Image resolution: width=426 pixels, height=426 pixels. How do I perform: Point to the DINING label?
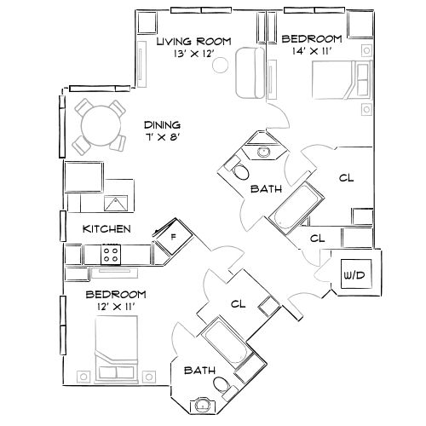click(x=161, y=124)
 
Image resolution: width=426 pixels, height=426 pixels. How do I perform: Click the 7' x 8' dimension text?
click(x=162, y=136)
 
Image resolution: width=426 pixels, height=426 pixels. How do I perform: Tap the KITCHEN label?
click(x=106, y=229)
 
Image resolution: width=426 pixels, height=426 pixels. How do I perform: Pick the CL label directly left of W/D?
click(x=318, y=239)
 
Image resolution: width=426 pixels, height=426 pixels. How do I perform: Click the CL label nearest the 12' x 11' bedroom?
click(x=239, y=304)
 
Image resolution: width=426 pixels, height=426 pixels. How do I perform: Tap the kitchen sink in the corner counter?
click(x=115, y=203)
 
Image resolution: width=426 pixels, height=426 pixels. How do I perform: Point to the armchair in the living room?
click(x=250, y=72)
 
